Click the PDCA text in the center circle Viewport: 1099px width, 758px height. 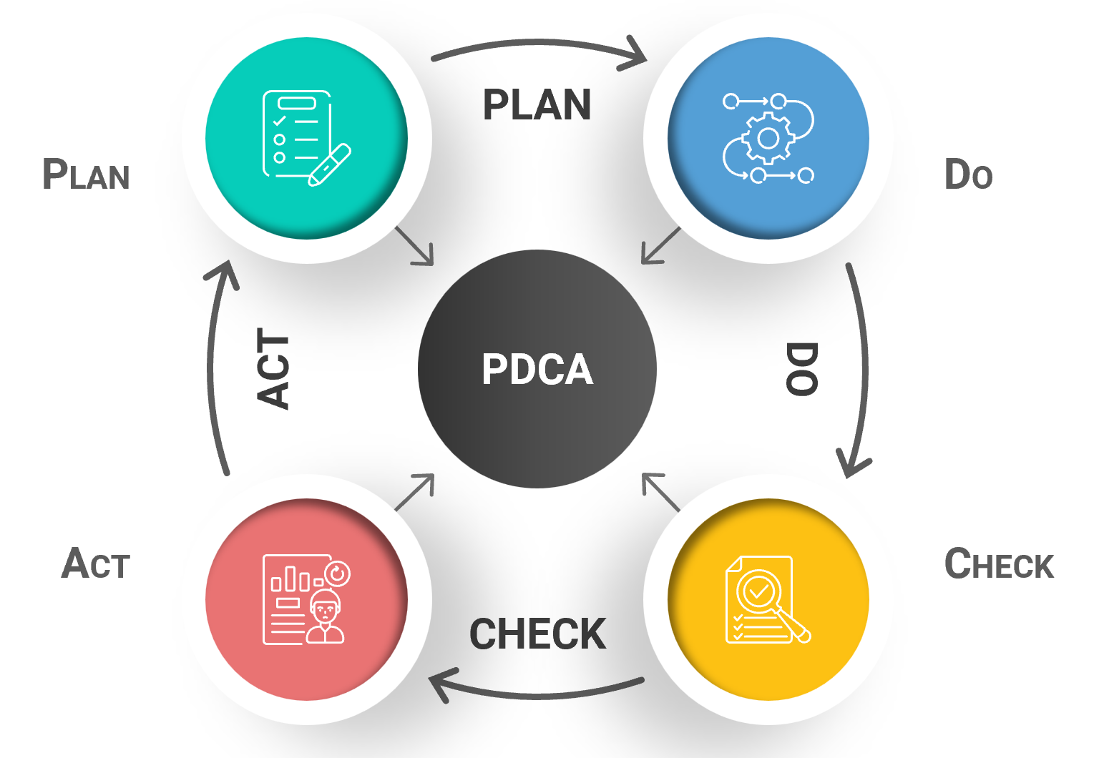coord(537,369)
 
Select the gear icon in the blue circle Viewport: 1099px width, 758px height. coord(768,138)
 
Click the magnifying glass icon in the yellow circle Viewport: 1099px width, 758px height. coord(764,598)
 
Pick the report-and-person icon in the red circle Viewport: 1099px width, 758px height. coord(306,599)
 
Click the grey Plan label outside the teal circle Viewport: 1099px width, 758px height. coord(86,175)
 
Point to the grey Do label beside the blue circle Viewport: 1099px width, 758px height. coord(968,175)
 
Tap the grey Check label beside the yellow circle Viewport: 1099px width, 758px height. coord(999,564)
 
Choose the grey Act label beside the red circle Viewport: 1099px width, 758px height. coord(96,564)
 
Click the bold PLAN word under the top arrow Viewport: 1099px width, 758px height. coord(537,105)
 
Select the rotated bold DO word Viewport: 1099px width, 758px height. coord(801,369)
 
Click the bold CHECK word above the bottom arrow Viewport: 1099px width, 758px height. coord(537,634)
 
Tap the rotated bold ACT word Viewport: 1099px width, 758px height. coord(273,369)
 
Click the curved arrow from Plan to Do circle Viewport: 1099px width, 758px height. coord(537,44)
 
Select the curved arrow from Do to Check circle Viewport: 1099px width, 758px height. coord(862,369)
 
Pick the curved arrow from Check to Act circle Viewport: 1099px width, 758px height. coord(537,692)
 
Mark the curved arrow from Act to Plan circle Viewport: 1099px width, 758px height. coord(213,369)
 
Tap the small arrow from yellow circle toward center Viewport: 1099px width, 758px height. coord(660,492)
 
